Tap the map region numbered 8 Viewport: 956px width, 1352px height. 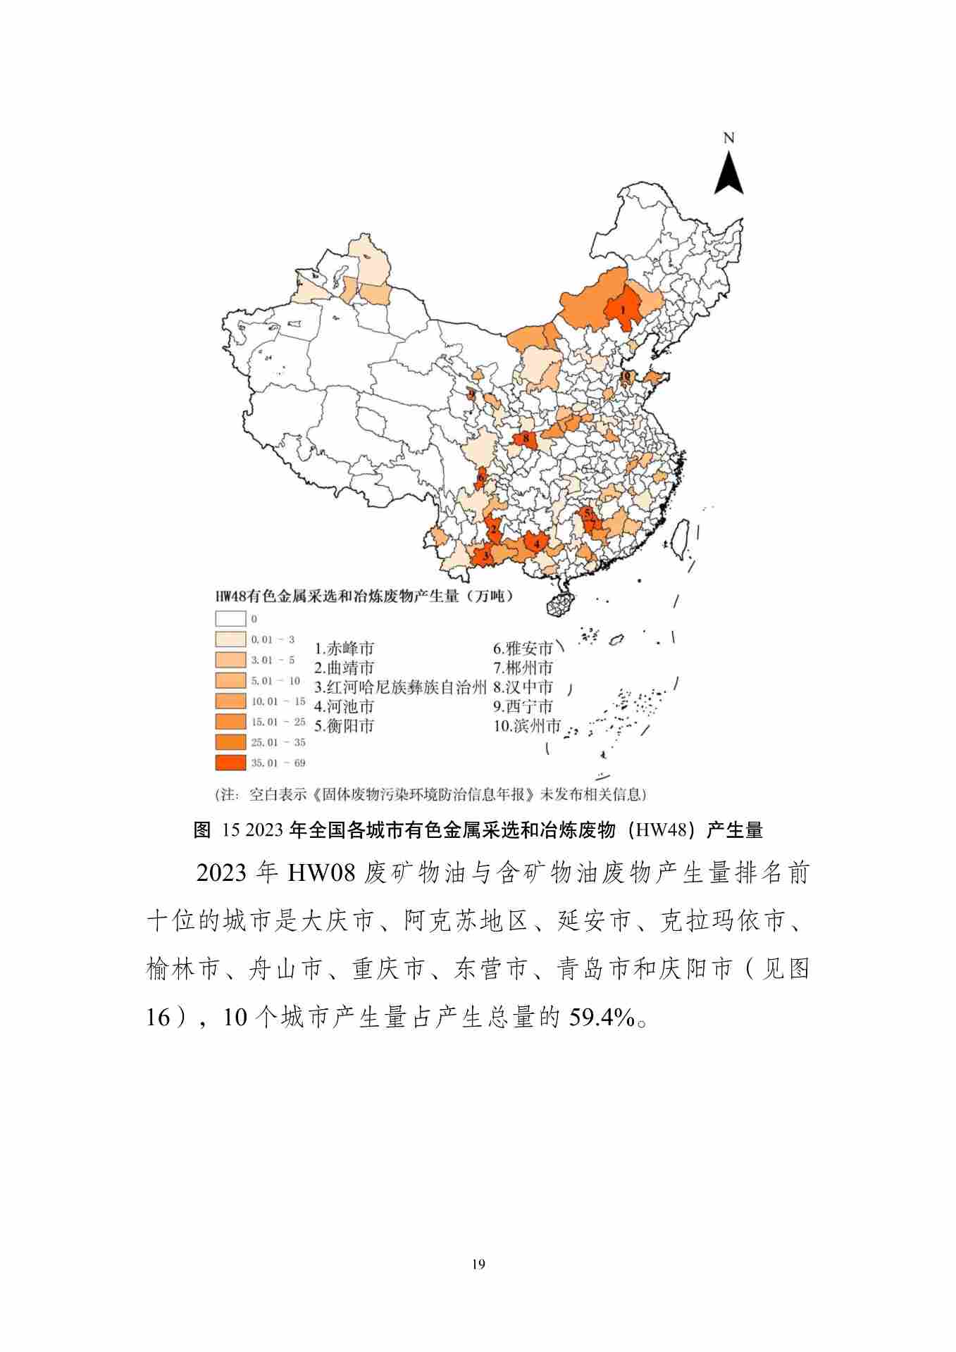[526, 439]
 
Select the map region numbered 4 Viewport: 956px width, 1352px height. [537, 543]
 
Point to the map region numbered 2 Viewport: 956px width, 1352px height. [494, 529]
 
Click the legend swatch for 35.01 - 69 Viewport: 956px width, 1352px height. [231, 763]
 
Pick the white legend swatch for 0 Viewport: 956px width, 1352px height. [231, 619]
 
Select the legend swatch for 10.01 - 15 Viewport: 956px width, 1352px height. [231, 701]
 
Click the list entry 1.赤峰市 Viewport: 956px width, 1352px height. [344, 649]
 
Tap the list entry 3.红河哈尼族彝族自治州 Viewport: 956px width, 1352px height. [400, 687]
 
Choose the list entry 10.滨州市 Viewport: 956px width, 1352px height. [526, 726]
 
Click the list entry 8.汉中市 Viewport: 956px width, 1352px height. [523, 687]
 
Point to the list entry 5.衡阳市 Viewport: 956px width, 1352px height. [344, 726]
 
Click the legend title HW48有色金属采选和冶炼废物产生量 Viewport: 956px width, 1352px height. [364, 596]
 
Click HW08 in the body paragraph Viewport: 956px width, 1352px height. [322, 874]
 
